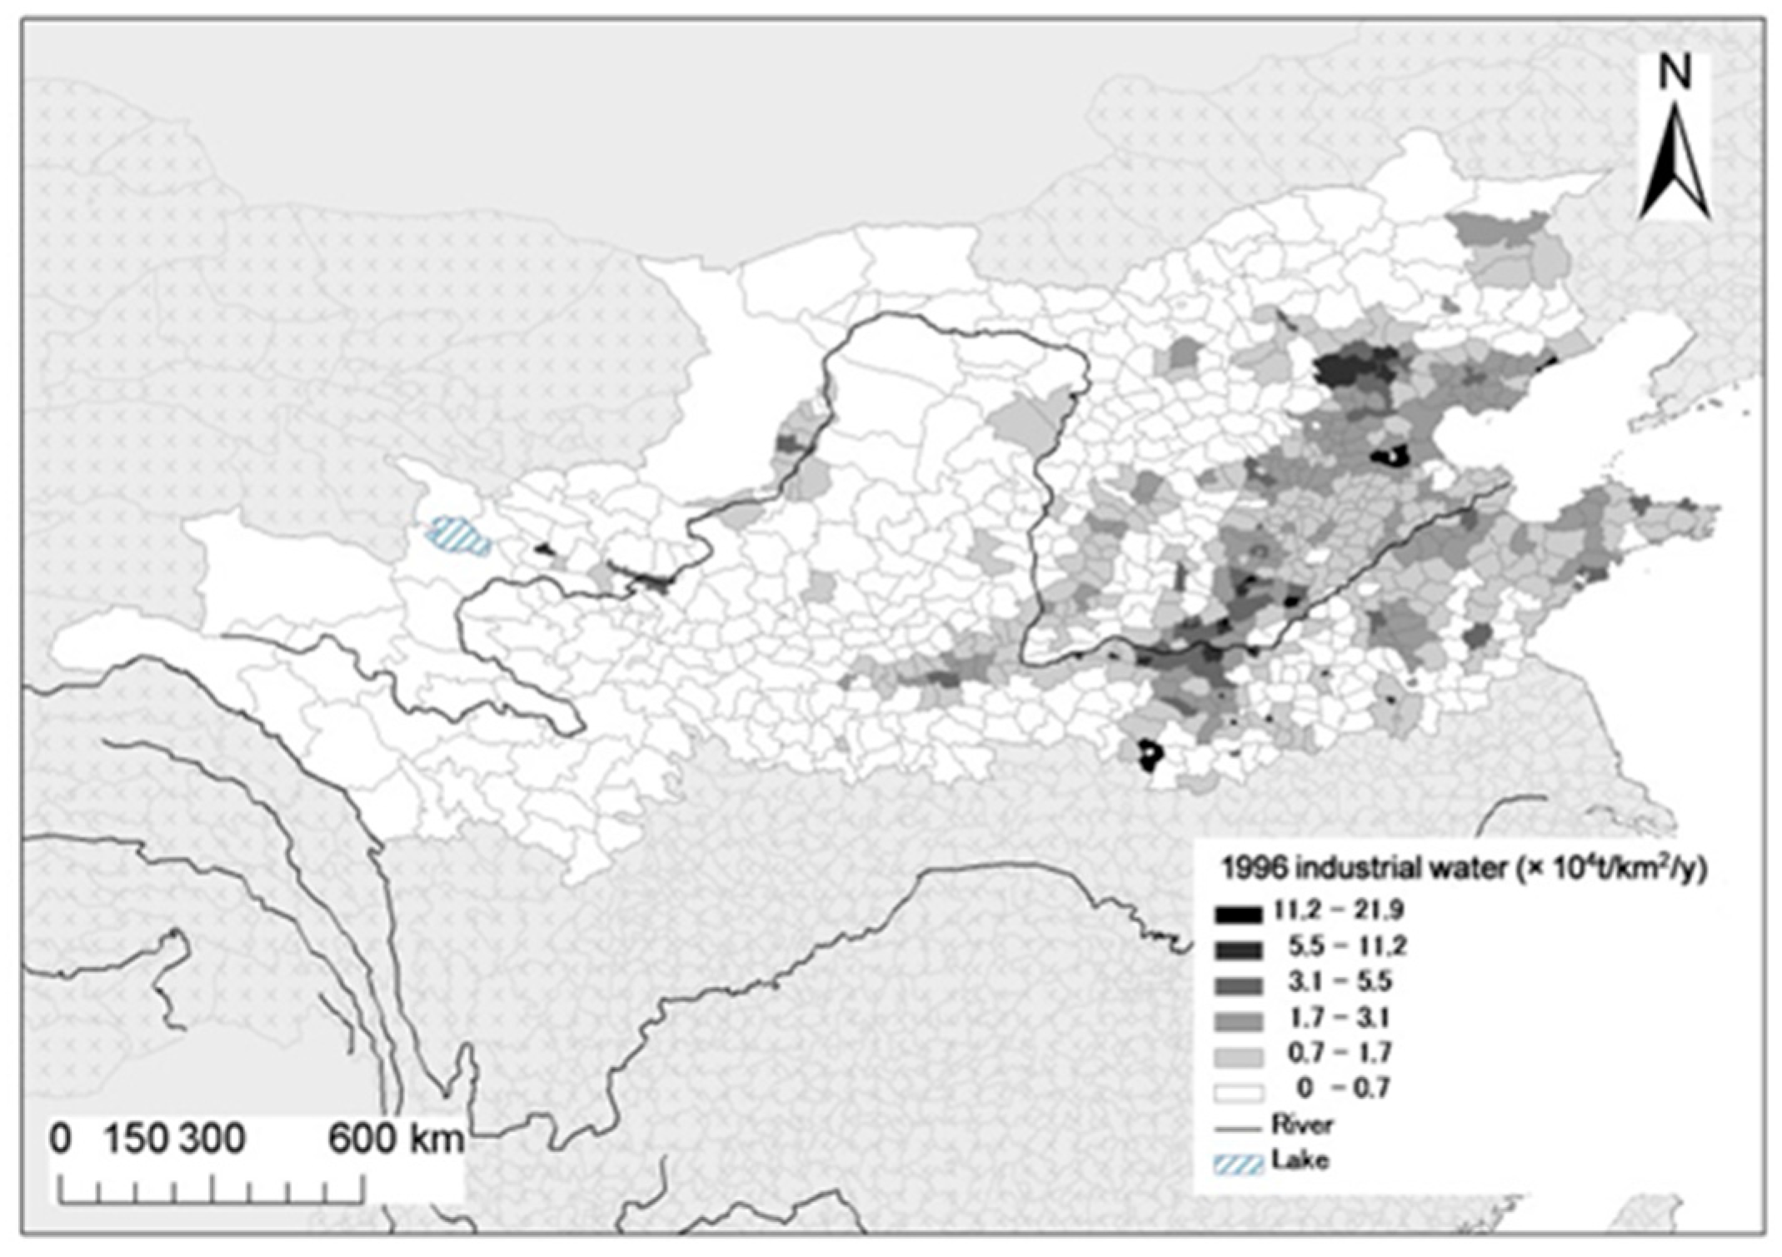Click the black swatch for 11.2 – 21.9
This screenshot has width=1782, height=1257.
tap(1238, 913)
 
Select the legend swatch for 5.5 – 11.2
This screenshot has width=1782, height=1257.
tap(1238, 949)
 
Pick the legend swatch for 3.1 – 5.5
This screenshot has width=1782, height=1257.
tap(1238, 985)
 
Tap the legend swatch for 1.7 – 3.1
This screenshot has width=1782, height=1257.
tap(1238, 1020)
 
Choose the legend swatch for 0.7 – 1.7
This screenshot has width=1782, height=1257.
tap(1238, 1056)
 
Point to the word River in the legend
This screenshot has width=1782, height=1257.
tap(1302, 1125)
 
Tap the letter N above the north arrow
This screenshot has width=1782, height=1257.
tap(1675, 75)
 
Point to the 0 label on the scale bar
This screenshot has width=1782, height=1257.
tap(60, 1139)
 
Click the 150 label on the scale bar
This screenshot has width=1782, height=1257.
tap(137, 1139)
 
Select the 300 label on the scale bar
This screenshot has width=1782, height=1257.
tap(212, 1139)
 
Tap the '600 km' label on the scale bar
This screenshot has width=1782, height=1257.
tap(396, 1139)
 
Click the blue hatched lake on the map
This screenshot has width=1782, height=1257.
tap(457, 536)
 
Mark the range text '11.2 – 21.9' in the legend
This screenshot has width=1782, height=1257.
tap(1339, 910)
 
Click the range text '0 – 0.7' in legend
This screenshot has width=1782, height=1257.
tap(1342, 1089)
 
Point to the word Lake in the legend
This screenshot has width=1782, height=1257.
tap(1300, 1160)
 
